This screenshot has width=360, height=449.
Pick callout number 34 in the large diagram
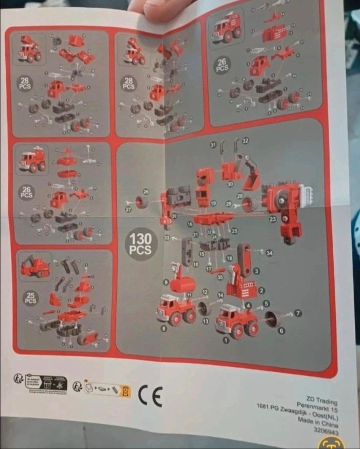pos(269,252)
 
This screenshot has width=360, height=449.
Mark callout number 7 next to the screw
pos(299,313)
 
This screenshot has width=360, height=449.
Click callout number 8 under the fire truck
pos(164,327)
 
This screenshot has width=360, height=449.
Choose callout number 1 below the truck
pos(225,340)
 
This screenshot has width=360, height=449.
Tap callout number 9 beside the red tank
pos(166,282)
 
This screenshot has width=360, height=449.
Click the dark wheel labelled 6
pos(274,320)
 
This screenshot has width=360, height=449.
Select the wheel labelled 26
pos(142,202)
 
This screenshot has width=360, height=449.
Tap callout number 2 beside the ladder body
pos(261,291)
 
